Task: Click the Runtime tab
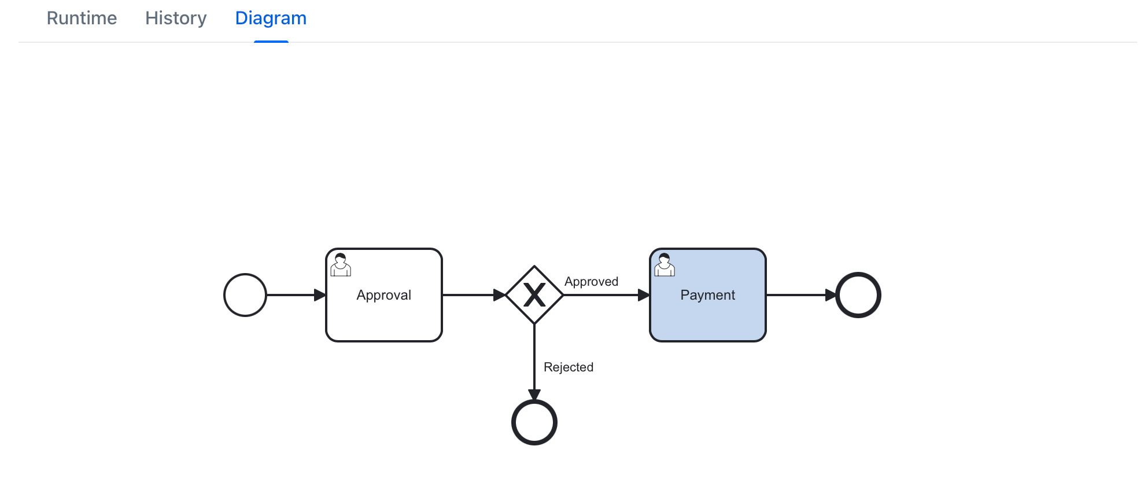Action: (82, 19)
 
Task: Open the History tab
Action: (176, 19)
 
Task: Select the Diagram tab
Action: (271, 19)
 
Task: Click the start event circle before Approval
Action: (245, 295)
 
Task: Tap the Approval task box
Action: (384, 318)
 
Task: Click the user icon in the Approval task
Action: (341, 265)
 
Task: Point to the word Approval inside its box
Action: (384, 295)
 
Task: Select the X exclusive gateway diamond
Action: (534, 295)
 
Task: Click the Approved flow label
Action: (591, 282)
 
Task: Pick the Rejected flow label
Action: (569, 367)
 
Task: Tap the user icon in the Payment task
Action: (665, 265)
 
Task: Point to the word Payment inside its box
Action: (708, 295)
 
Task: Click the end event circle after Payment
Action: (858, 295)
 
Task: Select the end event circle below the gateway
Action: (534, 422)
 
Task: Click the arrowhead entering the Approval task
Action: (320, 295)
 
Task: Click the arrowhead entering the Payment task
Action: (644, 295)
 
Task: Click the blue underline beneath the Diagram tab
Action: (271, 42)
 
